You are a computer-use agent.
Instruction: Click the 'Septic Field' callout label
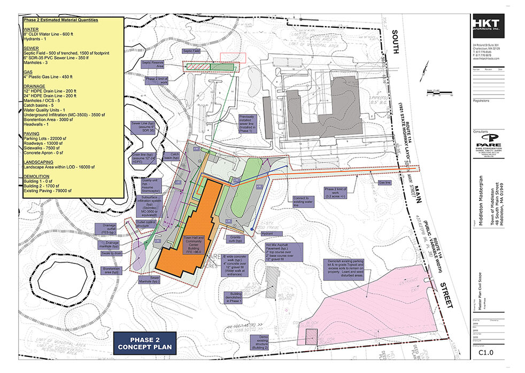click(x=192, y=51)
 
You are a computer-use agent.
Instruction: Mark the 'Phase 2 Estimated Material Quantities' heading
click(x=60, y=20)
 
